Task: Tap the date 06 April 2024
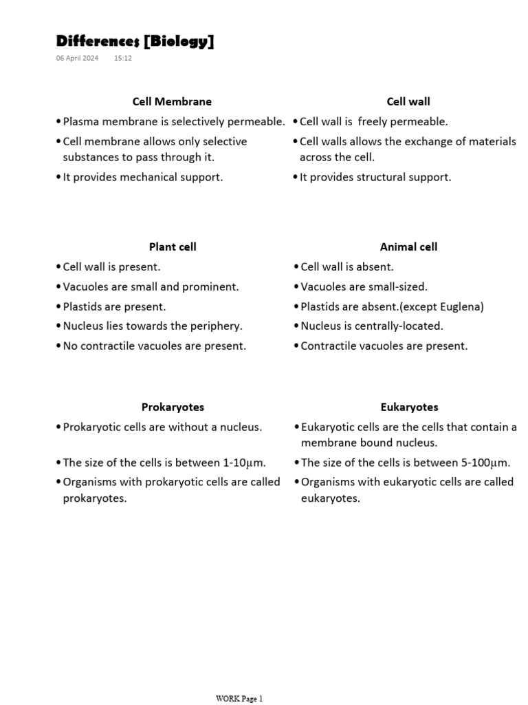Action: click(77, 59)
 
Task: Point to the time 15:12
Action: click(123, 59)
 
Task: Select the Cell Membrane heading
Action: click(172, 101)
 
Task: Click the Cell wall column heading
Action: click(408, 101)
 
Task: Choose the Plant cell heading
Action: click(173, 246)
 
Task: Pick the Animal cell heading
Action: click(408, 246)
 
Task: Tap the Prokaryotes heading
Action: click(173, 407)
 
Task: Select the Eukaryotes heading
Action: click(409, 407)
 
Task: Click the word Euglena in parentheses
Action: click(461, 306)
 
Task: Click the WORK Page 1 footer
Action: click(239, 699)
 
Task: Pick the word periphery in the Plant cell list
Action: click(219, 326)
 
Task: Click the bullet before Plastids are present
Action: click(58, 306)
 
